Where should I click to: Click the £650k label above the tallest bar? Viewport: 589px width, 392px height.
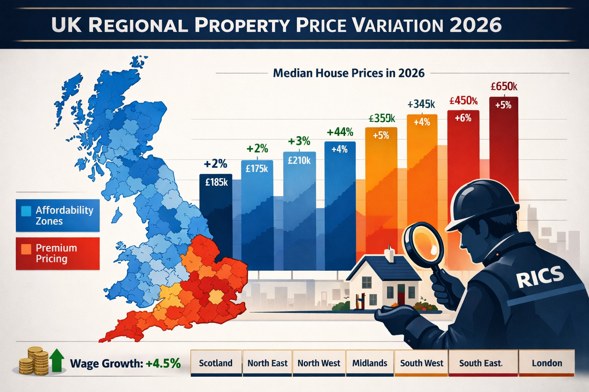click(x=504, y=87)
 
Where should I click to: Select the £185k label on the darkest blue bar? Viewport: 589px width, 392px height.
click(x=216, y=182)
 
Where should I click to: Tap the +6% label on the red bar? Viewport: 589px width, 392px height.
click(x=463, y=118)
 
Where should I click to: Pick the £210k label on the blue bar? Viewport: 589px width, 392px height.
click(x=299, y=160)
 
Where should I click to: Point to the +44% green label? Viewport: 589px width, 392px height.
click(x=340, y=132)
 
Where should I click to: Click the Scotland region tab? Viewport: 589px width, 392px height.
click(x=216, y=363)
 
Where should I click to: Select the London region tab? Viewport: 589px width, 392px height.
click(x=547, y=363)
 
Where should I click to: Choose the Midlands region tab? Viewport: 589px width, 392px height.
click(x=370, y=363)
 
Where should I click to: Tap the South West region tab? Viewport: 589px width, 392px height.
click(x=421, y=363)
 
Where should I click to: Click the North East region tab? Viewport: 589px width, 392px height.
click(x=267, y=363)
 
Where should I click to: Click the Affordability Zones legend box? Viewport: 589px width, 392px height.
click(x=58, y=216)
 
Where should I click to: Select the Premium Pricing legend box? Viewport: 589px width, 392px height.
click(x=58, y=253)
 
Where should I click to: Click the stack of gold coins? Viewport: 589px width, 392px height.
click(x=34, y=361)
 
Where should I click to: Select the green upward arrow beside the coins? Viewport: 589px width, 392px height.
click(x=57, y=360)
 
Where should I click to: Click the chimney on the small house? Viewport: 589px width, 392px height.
click(x=390, y=254)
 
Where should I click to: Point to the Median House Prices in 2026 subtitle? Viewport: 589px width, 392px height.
click(x=349, y=73)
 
